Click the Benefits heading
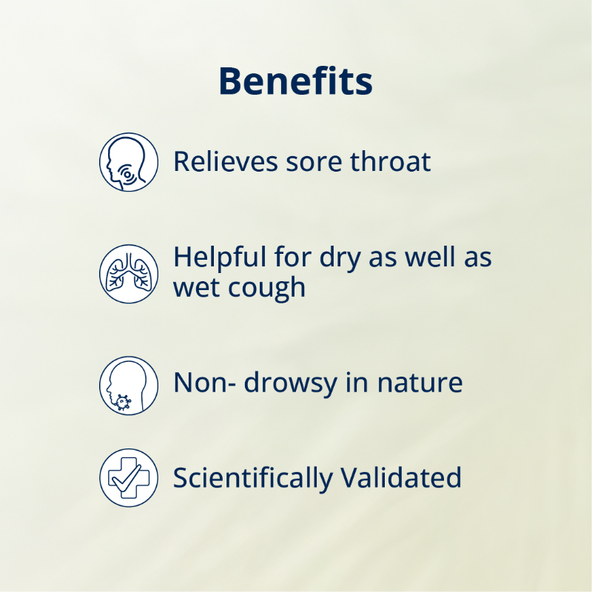pos(295,81)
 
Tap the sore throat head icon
pos(129,162)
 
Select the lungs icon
pos(129,273)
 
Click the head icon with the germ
pos(129,385)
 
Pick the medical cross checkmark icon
pos(129,477)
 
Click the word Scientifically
pos(252,478)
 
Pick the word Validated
pos(401,477)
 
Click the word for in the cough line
pos(289,258)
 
